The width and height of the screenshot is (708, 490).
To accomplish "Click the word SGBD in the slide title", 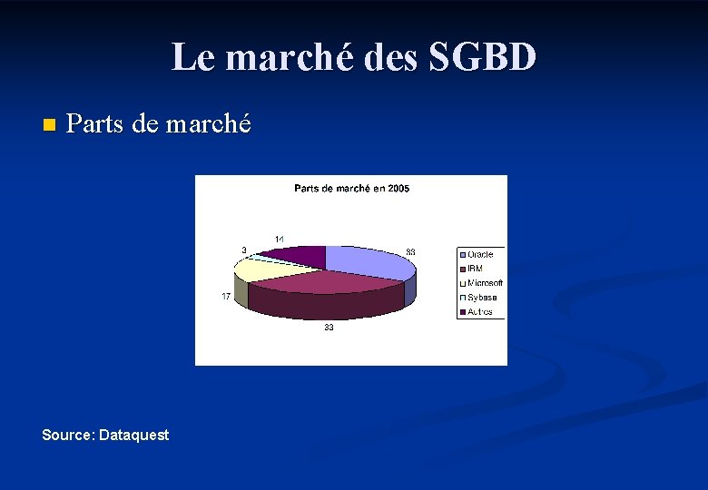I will pyautogui.click(x=482, y=58).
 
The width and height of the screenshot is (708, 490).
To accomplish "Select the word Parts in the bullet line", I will pyautogui.click(x=95, y=124).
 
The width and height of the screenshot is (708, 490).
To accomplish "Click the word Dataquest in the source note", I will pyautogui.click(x=133, y=436).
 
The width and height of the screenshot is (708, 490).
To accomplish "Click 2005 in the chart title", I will pyautogui.click(x=398, y=189).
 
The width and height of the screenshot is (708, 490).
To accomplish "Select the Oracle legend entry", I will pyautogui.click(x=480, y=255).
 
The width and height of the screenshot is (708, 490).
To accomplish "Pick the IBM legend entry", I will pyautogui.click(x=475, y=269).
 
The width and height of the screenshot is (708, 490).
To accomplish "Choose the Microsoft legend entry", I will pyautogui.click(x=485, y=283).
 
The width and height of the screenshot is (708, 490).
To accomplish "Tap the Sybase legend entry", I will pyautogui.click(x=482, y=298).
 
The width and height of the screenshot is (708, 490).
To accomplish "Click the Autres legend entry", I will pyautogui.click(x=480, y=312).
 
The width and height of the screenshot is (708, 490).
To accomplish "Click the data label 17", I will pyautogui.click(x=226, y=297).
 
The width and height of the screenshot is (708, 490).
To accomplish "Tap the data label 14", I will pyautogui.click(x=280, y=240).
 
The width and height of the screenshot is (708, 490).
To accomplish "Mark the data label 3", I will pyautogui.click(x=243, y=250).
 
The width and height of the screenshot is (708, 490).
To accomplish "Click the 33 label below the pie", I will pyautogui.click(x=329, y=328).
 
